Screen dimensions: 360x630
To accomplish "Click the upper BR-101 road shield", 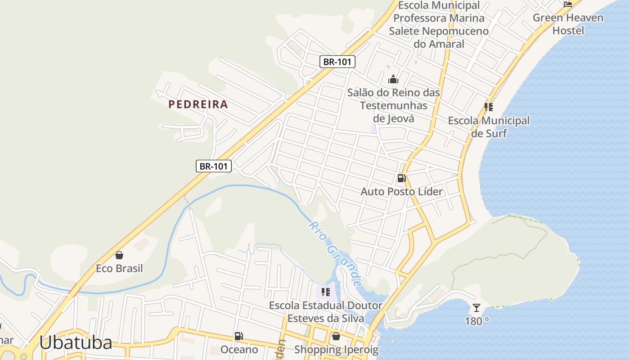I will point(337,62).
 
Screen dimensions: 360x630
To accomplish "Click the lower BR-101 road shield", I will point(214,166).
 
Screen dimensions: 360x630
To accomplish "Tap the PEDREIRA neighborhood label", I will point(198,104).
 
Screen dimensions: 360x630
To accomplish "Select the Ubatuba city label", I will point(75,343).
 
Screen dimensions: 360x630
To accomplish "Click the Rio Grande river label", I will point(336,253).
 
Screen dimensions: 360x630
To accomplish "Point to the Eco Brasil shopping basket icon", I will point(119,256).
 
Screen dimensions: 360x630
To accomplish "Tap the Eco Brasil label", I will point(119,269).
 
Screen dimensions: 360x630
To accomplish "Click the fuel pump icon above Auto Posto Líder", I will point(401,178).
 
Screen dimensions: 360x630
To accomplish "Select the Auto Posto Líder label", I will point(401,192).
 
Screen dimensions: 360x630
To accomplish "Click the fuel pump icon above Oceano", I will point(239,336).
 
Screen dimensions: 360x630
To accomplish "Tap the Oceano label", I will point(239,350).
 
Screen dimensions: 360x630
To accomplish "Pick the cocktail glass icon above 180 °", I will point(477,308).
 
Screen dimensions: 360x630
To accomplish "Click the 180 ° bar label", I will point(477,321).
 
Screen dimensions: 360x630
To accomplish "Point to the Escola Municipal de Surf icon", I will point(489,107).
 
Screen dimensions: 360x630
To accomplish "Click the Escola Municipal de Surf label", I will point(489,127).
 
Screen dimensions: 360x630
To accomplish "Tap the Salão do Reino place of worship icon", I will point(393,80).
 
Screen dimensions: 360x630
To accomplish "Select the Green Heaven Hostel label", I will point(568,24).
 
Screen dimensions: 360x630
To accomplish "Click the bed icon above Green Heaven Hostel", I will point(568,4).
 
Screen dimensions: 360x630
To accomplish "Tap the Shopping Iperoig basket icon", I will point(336,336).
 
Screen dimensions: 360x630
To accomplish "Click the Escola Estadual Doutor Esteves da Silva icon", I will point(326,292).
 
